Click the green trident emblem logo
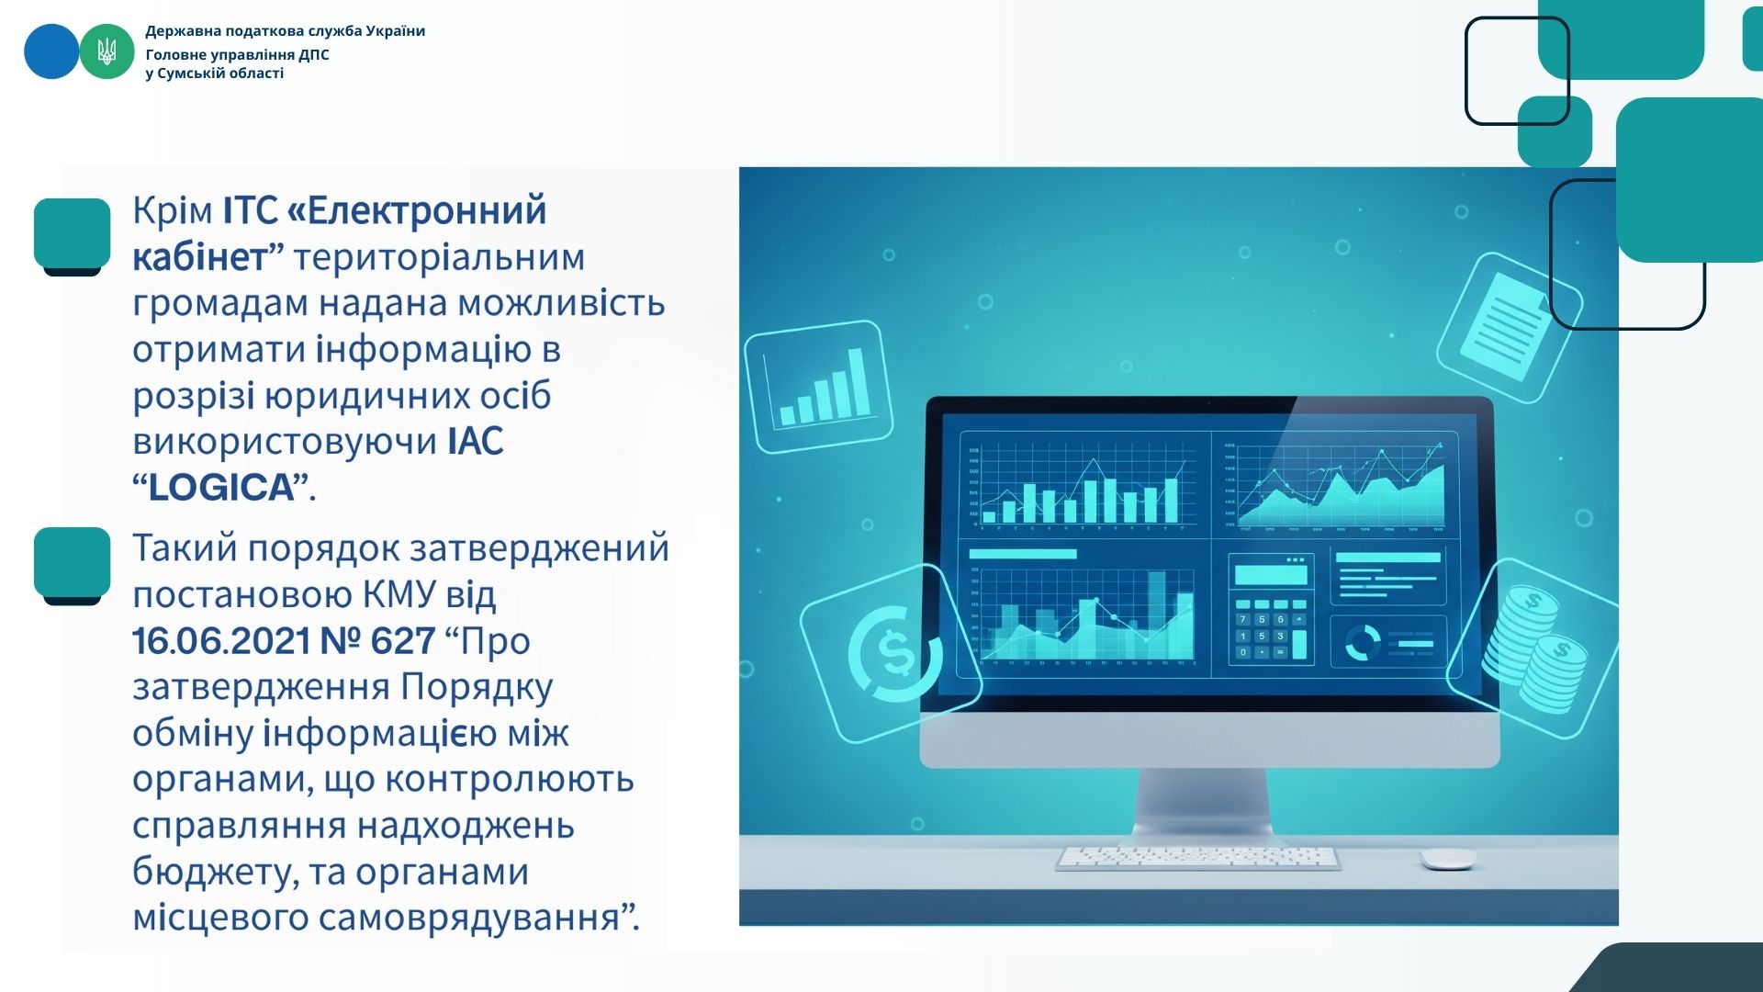tap(107, 51)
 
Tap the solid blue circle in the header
tap(51, 51)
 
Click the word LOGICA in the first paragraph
tap(220, 488)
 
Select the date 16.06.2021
tap(219, 641)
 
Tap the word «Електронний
tap(417, 210)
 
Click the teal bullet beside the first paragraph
tap(73, 235)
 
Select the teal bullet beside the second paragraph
tap(73, 565)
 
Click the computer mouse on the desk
tap(1447, 859)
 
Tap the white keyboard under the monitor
tap(1197, 858)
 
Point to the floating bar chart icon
tap(819, 387)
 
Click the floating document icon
tap(1510, 327)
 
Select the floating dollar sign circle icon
tap(891, 654)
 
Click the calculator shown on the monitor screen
tap(1271, 609)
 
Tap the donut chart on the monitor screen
tap(1363, 642)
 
